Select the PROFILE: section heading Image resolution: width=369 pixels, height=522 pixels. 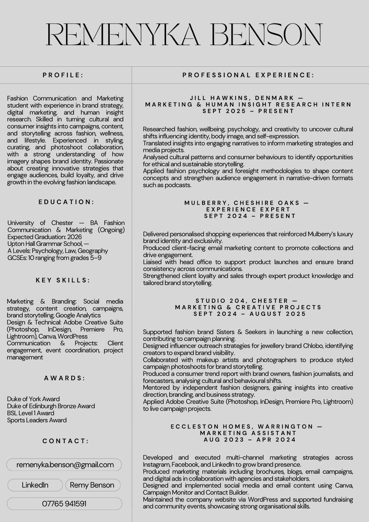tap(63, 75)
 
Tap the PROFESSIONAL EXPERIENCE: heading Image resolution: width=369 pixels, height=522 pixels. tap(248, 75)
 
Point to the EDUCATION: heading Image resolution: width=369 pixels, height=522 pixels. tap(66, 202)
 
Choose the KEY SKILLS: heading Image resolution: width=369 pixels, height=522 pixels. tap(63, 280)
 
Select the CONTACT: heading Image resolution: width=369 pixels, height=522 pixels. tap(66, 441)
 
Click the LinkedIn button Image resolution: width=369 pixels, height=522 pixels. tap(35, 485)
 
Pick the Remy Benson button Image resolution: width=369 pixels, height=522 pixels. tap(92, 485)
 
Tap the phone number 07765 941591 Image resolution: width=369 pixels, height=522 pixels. tap(64, 504)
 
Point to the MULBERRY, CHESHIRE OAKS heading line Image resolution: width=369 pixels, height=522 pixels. tap(246, 203)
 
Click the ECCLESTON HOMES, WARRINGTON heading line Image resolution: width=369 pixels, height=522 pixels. tap(246, 427)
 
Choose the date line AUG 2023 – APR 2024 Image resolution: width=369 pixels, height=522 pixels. tap(250, 440)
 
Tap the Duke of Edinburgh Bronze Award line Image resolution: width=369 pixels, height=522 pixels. tap(51, 406)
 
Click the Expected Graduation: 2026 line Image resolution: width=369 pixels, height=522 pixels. tap(44, 237)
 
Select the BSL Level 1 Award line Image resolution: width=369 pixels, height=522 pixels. tap(30, 413)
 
